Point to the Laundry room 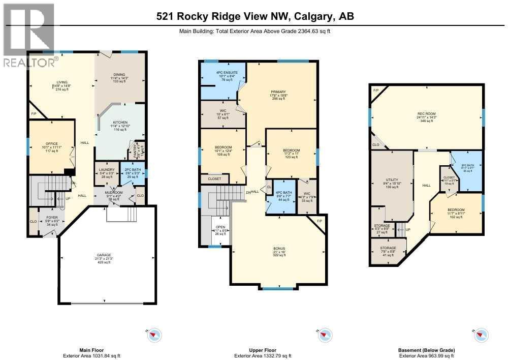coord(106,172)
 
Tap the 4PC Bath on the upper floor coord(283,196)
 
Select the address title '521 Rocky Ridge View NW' coord(224,16)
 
